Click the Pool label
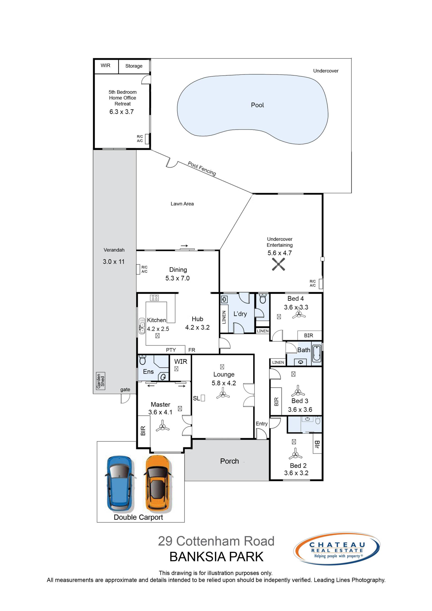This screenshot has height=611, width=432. (257, 105)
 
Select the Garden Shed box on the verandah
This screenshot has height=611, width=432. (101, 381)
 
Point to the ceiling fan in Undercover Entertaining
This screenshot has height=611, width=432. (278, 264)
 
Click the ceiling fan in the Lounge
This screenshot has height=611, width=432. (223, 393)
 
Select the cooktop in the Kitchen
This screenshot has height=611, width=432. (154, 298)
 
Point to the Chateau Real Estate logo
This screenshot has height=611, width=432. (337, 549)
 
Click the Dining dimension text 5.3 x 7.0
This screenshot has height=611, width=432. (178, 278)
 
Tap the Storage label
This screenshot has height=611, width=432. (134, 66)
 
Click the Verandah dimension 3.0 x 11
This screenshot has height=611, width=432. (114, 262)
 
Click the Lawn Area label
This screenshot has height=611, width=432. (182, 204)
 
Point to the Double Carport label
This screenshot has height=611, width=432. (138, 517)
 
